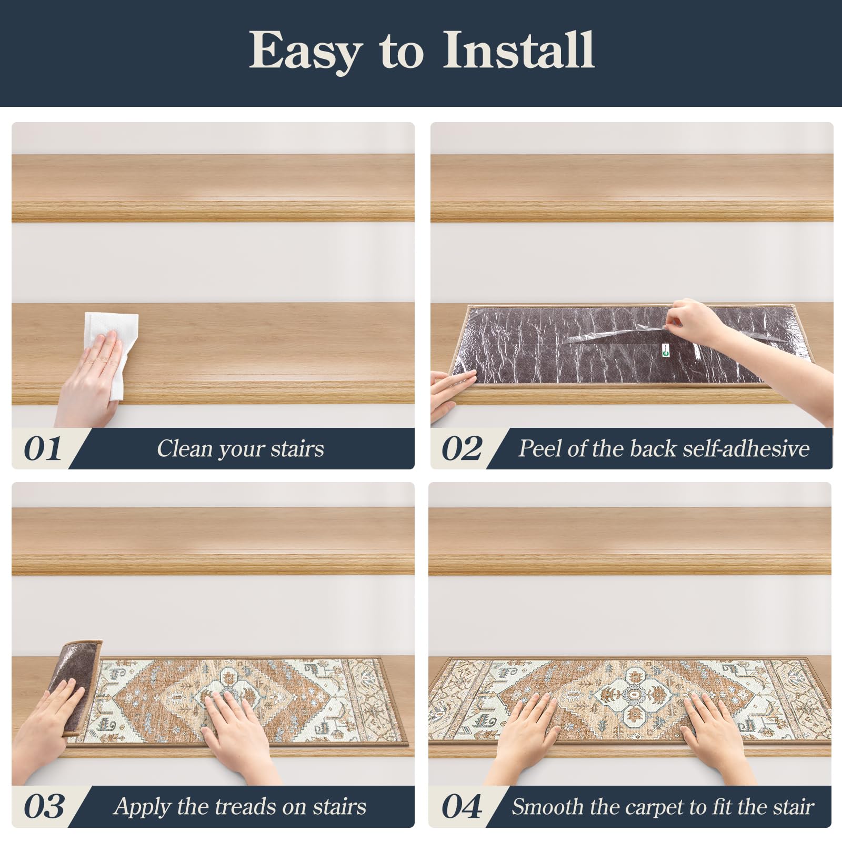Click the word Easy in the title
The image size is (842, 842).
click(305, 52)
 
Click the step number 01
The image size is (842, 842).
click(43, 448)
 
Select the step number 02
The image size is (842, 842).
click(462, 448)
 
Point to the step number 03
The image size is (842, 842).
click(44, 807)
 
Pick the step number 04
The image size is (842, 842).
click(462, 807)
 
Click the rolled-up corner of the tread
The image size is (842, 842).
click(76, 684)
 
